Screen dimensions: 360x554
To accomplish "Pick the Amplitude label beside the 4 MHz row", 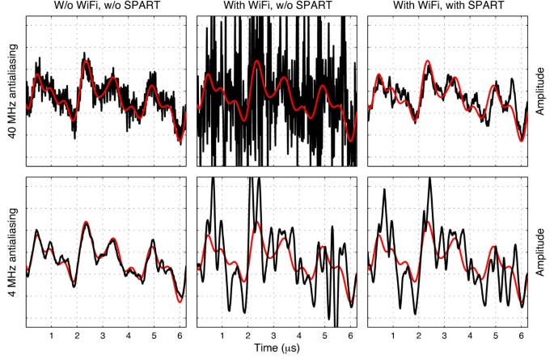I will (x=540, y=255).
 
